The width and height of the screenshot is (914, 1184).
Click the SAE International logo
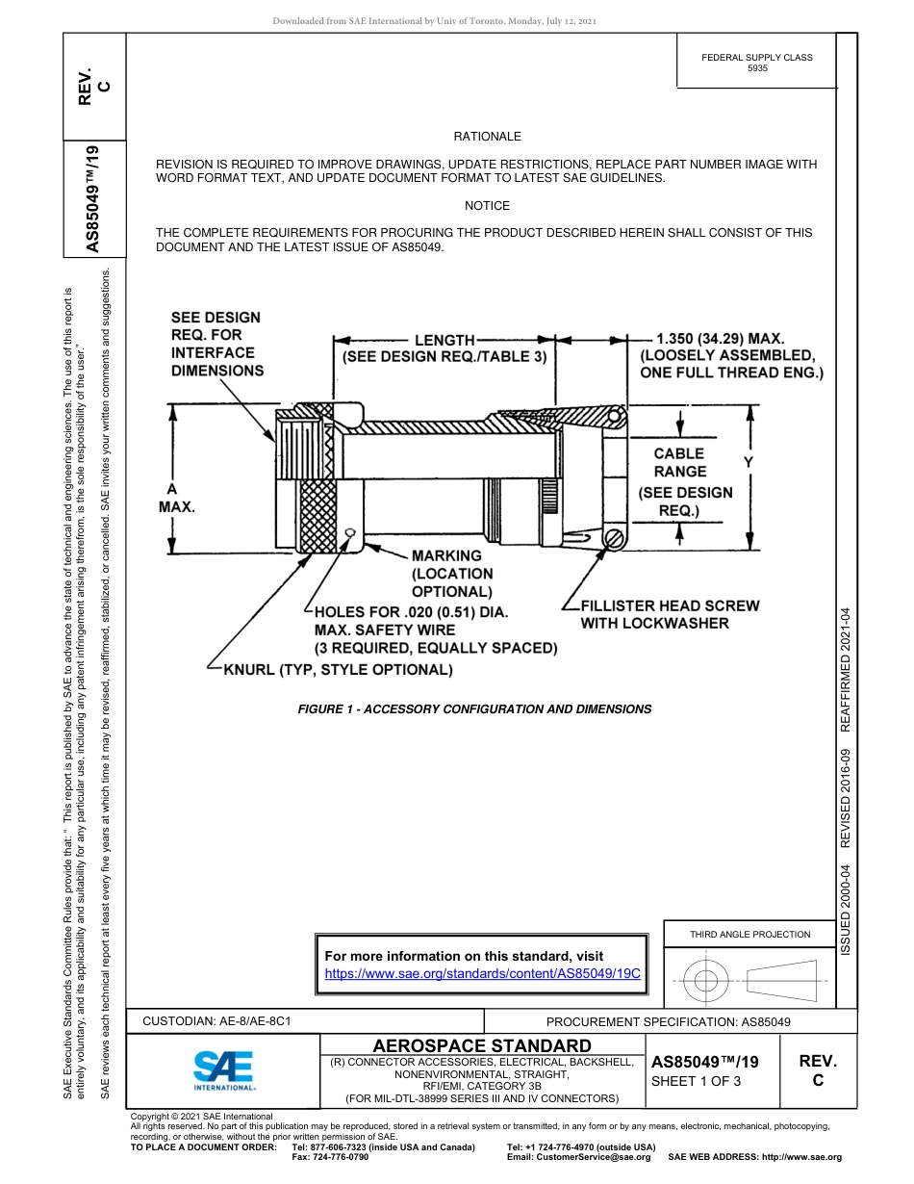click(x=223, y=1069)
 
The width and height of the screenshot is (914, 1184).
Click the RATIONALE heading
click(x=487, y=137)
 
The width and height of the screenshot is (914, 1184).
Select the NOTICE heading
click(x=487, y=206)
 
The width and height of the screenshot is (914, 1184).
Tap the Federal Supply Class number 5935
click(x=756, y=69)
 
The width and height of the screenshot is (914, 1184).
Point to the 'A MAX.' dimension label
click(x=176, y=498)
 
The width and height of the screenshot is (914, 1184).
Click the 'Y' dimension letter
click(x=748, y=463)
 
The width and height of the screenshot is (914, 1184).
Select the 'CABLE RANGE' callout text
click(x=679, y=462)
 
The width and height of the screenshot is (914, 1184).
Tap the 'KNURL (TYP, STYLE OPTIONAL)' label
click(x=338, y=670)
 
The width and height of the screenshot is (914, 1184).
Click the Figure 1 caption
click(x=474, y=709)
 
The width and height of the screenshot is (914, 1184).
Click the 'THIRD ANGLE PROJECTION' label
click(x=749, y=934)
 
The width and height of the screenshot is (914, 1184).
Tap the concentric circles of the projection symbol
click(x=707, y=981)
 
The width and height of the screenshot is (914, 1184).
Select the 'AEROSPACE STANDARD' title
click(x=482, y=1045)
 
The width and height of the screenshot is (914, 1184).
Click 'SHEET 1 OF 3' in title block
click(x=696, y=1081)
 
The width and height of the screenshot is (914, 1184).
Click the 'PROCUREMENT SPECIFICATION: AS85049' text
click(x=668, y=1021)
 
